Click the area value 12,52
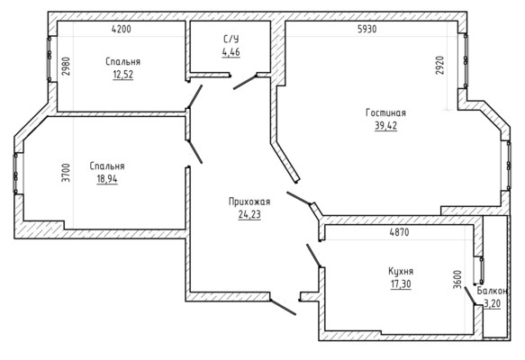point(122,75)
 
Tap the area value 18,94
point(107,179)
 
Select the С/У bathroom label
point(231,40)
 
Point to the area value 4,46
point(231,52)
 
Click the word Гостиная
point(385,112)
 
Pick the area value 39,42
point(385,125)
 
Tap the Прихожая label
point(249,202)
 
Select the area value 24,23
point(249,214)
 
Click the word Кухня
point(401,271)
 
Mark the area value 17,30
point(401,284)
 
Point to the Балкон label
point(493,291)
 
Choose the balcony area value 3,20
point(493,303)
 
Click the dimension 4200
point(122,29)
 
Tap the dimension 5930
point(367,29)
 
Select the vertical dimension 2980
point(67,67)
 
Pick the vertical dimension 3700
point(67,173)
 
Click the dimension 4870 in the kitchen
point(399,232)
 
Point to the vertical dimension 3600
point(457,280)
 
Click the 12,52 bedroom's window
point(50,58)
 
